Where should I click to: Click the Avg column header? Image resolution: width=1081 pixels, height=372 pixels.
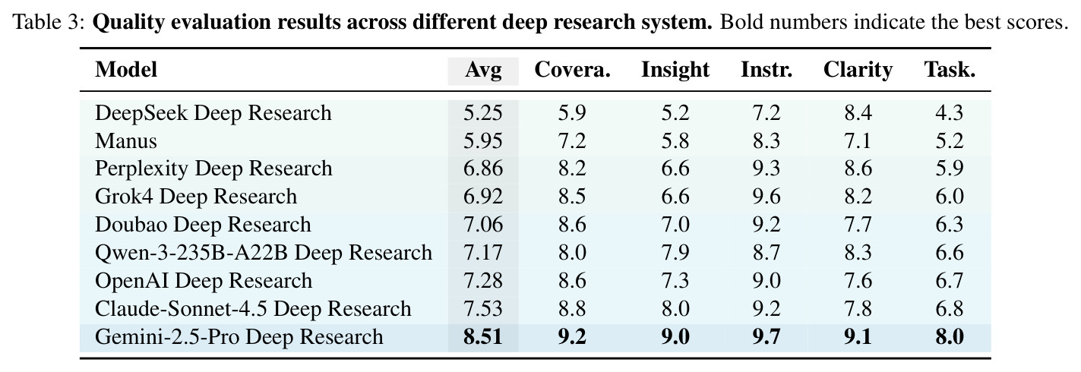(483, 71)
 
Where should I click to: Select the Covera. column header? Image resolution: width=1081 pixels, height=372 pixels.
(572, 70)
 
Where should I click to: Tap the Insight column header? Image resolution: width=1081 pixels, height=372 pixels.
(675, 71)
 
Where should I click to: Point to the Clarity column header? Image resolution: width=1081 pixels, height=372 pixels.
(858, 71)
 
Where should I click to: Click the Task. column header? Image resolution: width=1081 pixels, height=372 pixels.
(950, 70)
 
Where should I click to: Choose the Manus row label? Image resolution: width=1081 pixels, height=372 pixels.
(126, 141)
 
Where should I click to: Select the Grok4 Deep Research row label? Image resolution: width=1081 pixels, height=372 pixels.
(196, 197)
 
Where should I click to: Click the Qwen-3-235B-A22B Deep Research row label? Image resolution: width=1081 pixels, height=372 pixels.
(264, 253)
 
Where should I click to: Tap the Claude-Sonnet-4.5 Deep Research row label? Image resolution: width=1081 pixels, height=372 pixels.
(253, 309)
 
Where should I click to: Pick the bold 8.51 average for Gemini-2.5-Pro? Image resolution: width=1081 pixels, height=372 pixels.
(483, 337)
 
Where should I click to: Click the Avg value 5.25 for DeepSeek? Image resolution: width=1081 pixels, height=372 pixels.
(483, 113)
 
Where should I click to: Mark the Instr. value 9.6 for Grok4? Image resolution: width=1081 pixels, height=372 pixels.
(766, 197)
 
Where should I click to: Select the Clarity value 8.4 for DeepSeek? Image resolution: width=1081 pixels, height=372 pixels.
(858, 113)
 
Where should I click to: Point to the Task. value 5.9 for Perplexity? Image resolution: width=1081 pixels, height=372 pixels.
(950, 169)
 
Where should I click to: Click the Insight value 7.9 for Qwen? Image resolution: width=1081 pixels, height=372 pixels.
(675, 253)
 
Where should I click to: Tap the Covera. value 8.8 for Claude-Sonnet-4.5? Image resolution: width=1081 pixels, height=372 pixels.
(572, 309)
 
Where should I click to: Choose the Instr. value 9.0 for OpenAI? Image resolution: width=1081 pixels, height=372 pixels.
(766, 281)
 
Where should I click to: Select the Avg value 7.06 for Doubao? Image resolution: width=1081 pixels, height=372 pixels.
(483, 225)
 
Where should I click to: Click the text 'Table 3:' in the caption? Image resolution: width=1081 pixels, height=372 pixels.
(49, 22)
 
